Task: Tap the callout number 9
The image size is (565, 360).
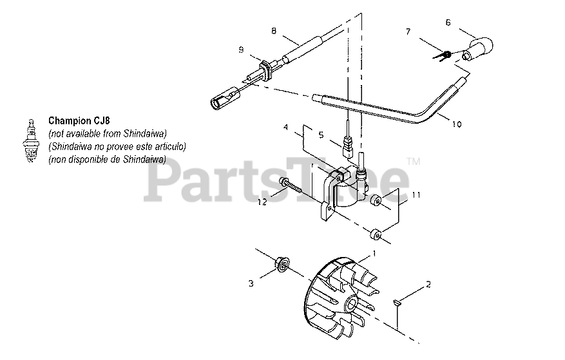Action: pos(241,49)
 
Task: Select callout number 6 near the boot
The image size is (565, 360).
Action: pos(448,22)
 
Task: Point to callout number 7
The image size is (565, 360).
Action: pos(408,31)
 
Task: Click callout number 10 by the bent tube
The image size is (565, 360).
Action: pos(456,124)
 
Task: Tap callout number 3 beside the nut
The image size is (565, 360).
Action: pos(252,282)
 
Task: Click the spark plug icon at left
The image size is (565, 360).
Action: pos(29,144)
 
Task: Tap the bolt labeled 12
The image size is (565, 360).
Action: pos(294,187)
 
